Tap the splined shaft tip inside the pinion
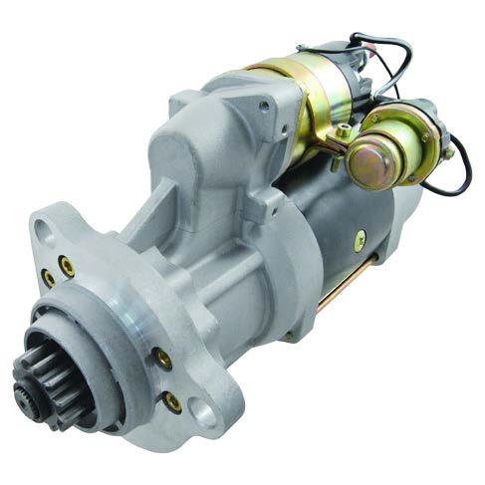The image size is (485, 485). [x=27, y=381]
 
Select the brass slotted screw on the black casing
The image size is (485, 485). [x=360, y=238]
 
